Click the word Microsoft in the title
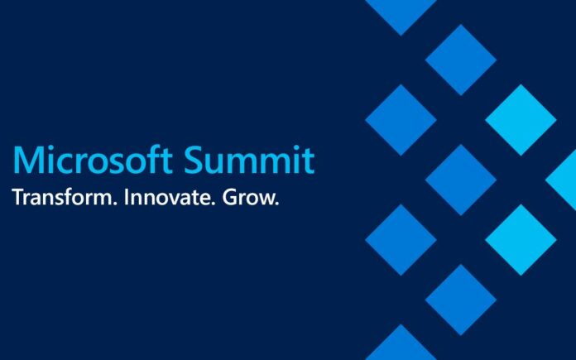[x=93, y=160]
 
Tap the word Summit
[x=249, y=160]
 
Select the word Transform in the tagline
[x=62, y=197]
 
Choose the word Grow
[x=247, y=197]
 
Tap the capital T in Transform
[x=18, y=197]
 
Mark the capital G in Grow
[x=230, y=197]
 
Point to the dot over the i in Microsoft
[x=49, y=148]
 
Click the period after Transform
[x=114, y=204]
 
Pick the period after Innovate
[x=212, y=204]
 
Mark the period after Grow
[x=277, y=204]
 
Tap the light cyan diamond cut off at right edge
[x=562, y=180]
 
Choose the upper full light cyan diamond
[x=521, y=120]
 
